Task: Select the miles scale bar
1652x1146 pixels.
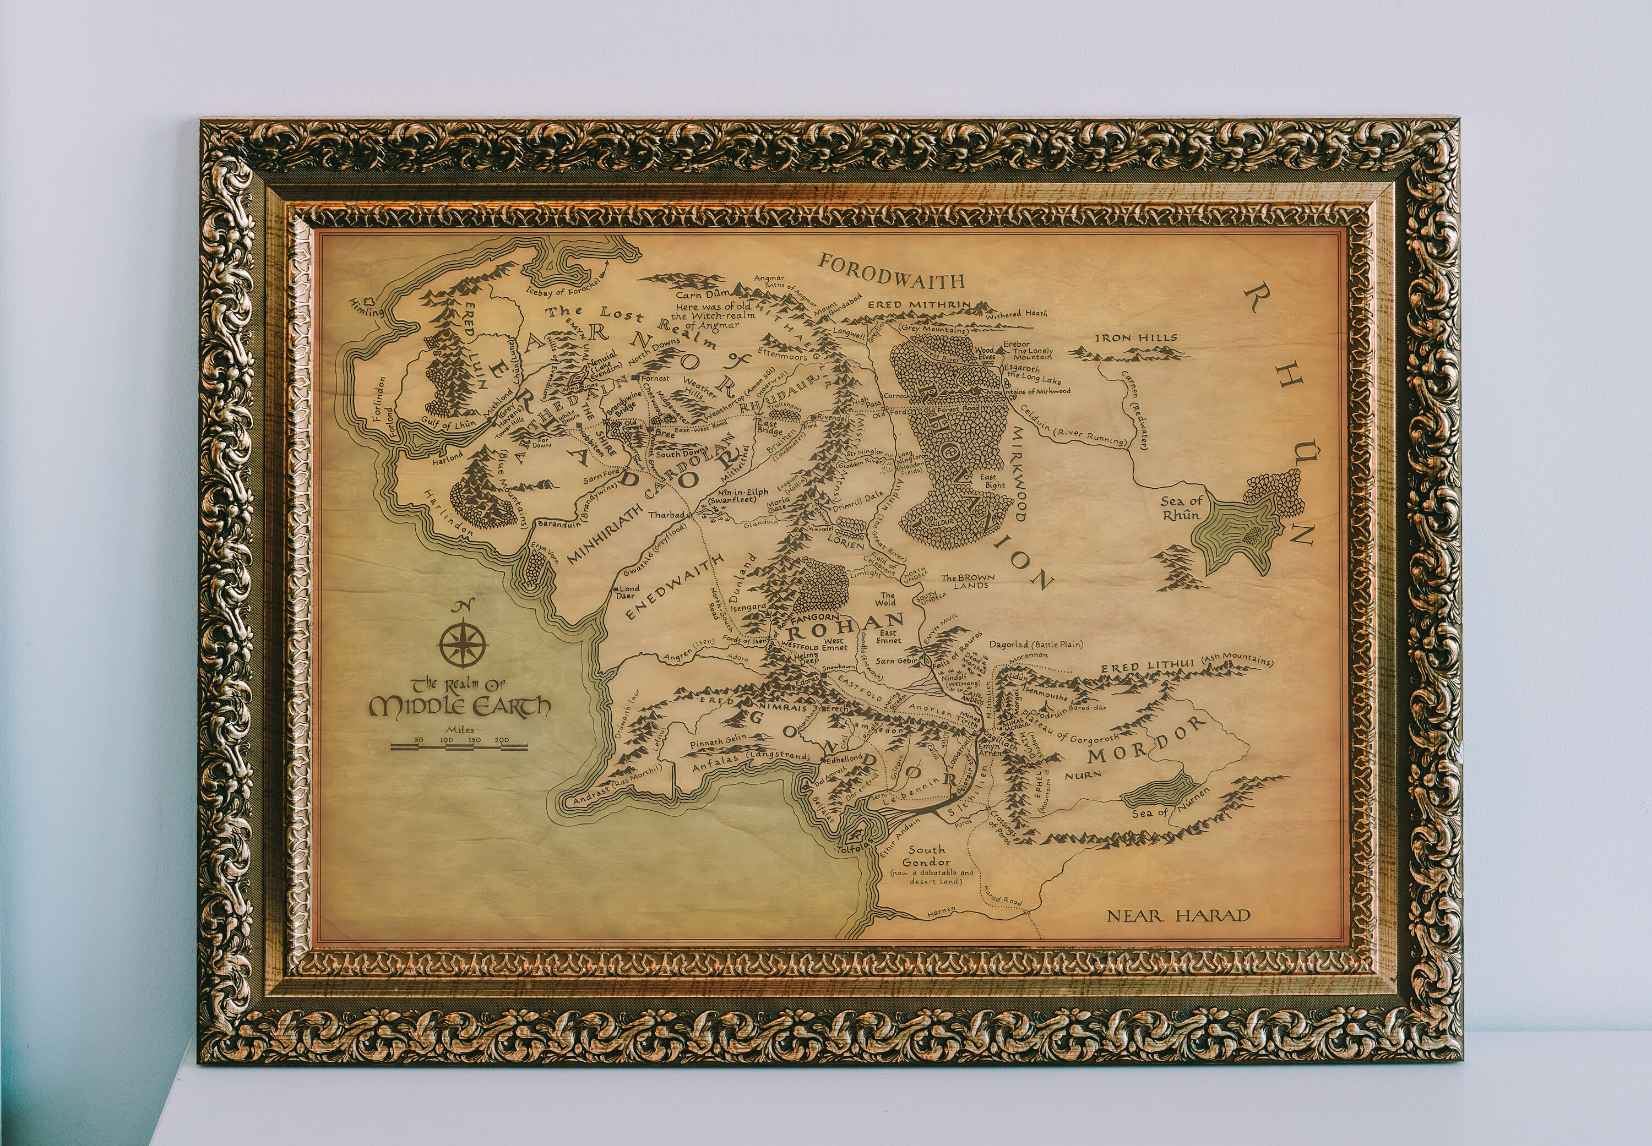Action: click(x=459, y=747)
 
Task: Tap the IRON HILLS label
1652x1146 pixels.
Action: click(x=1135, y=337)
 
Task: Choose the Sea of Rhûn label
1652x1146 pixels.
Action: click(x=1182, y=507)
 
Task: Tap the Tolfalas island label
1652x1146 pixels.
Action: click(x=854, y=849)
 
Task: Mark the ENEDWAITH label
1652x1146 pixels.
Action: click(x=672, y=589)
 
